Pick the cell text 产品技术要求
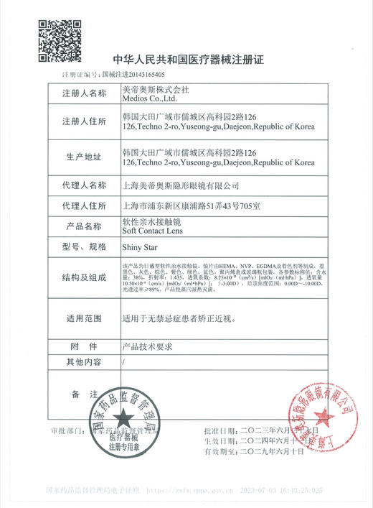148,345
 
